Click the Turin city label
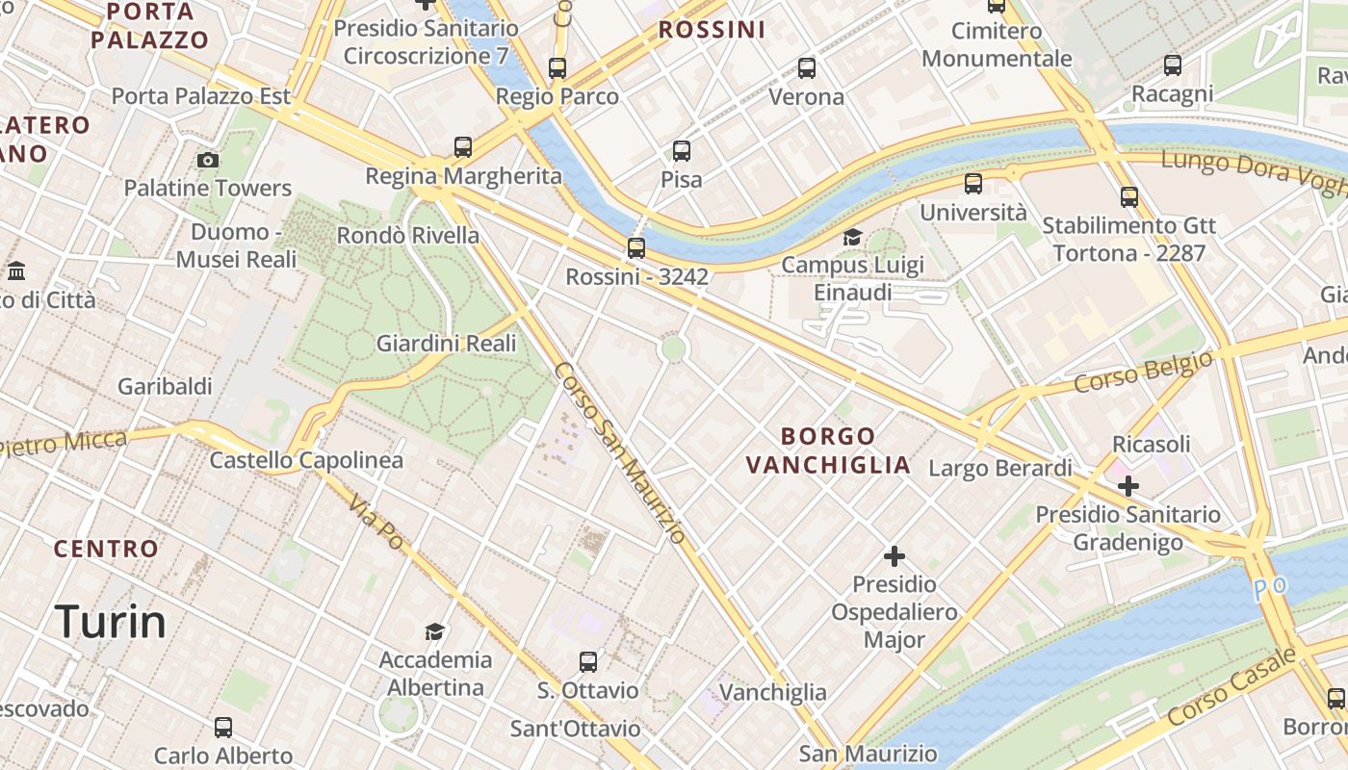(x=111, y=622)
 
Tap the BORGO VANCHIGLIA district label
(x=828, y=450)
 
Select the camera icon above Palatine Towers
(x=207, y=160)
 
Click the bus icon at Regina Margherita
(x=463, y=147)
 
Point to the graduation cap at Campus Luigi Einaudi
(x=852, y=237)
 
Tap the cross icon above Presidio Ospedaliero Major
(x=894, y=556)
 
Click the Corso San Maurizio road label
(x=620, y=452)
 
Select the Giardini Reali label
(x=446, y=344)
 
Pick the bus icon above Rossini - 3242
(x=636, y=248)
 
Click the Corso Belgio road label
(x=1143, y=372)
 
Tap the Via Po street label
(x=376, y=523)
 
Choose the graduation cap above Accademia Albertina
(x=435, y=631)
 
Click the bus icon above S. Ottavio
(x=588, y=662)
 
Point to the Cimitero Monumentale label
(x=997, y=44)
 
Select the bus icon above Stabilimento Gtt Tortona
(x=1129, y=197)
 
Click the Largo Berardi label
(x=999, y=469)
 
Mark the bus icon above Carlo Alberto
(x=223, y=728)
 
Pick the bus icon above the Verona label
(x=807, y=68)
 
